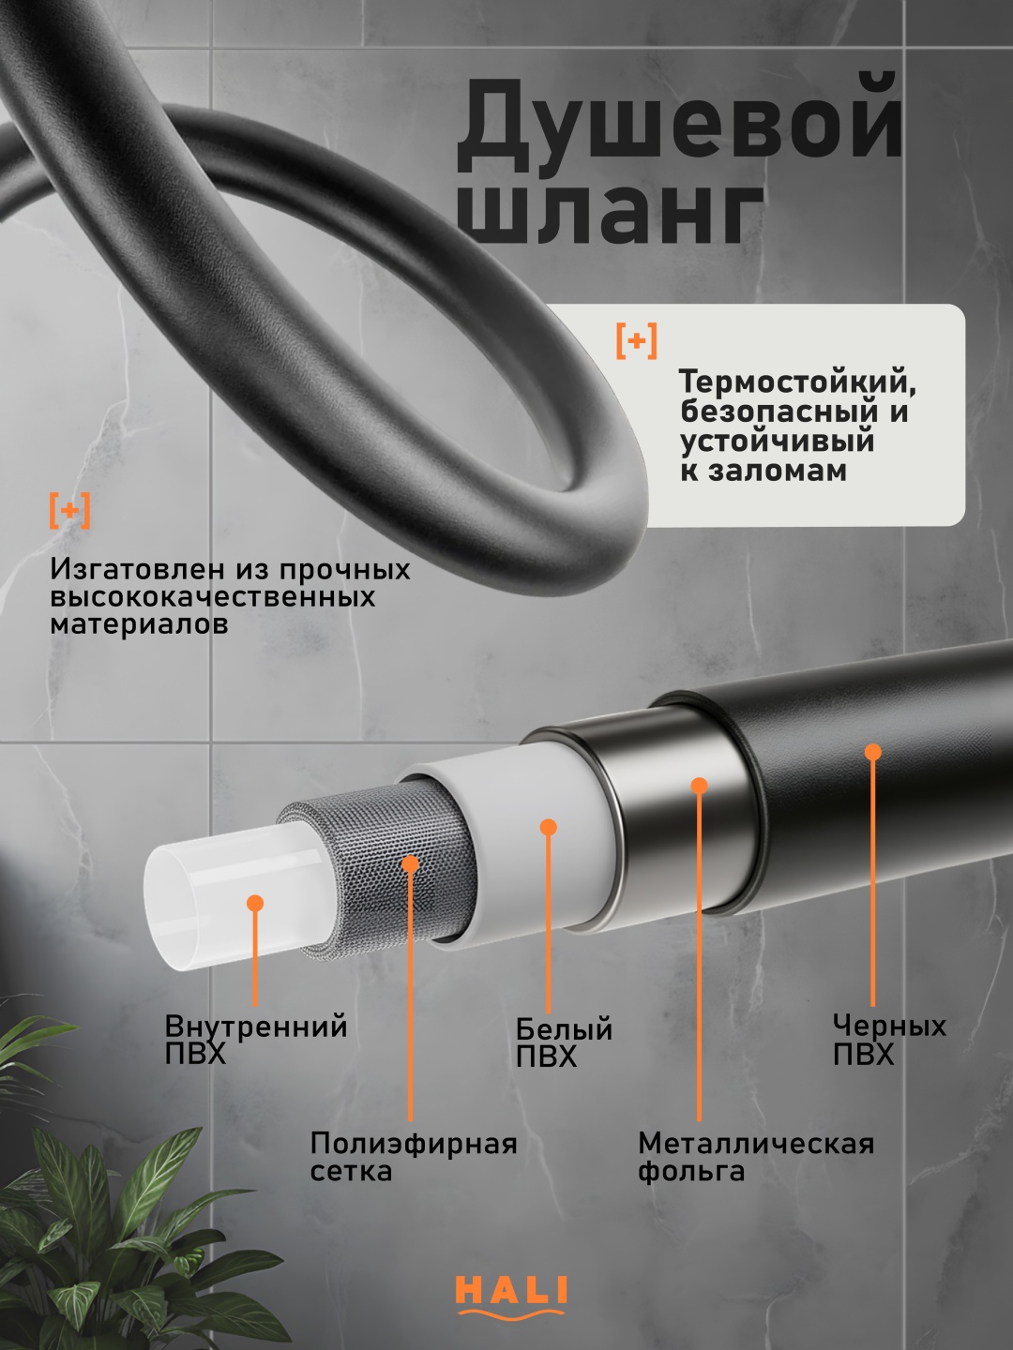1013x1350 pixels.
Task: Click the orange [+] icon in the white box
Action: click(x=637, y=340)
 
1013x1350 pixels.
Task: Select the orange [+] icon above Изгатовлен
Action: click(x=69, y=510)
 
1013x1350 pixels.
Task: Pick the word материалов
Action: click(x=139, y=624)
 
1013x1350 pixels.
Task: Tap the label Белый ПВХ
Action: click(x=564, y=1042)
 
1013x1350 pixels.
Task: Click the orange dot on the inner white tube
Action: click(x=255, y=904)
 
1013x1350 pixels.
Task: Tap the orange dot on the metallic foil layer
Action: click(x=700, y=786)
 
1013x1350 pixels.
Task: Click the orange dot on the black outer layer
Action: click(x=872, y=752)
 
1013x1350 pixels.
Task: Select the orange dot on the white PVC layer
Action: click(x=549, y=827)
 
